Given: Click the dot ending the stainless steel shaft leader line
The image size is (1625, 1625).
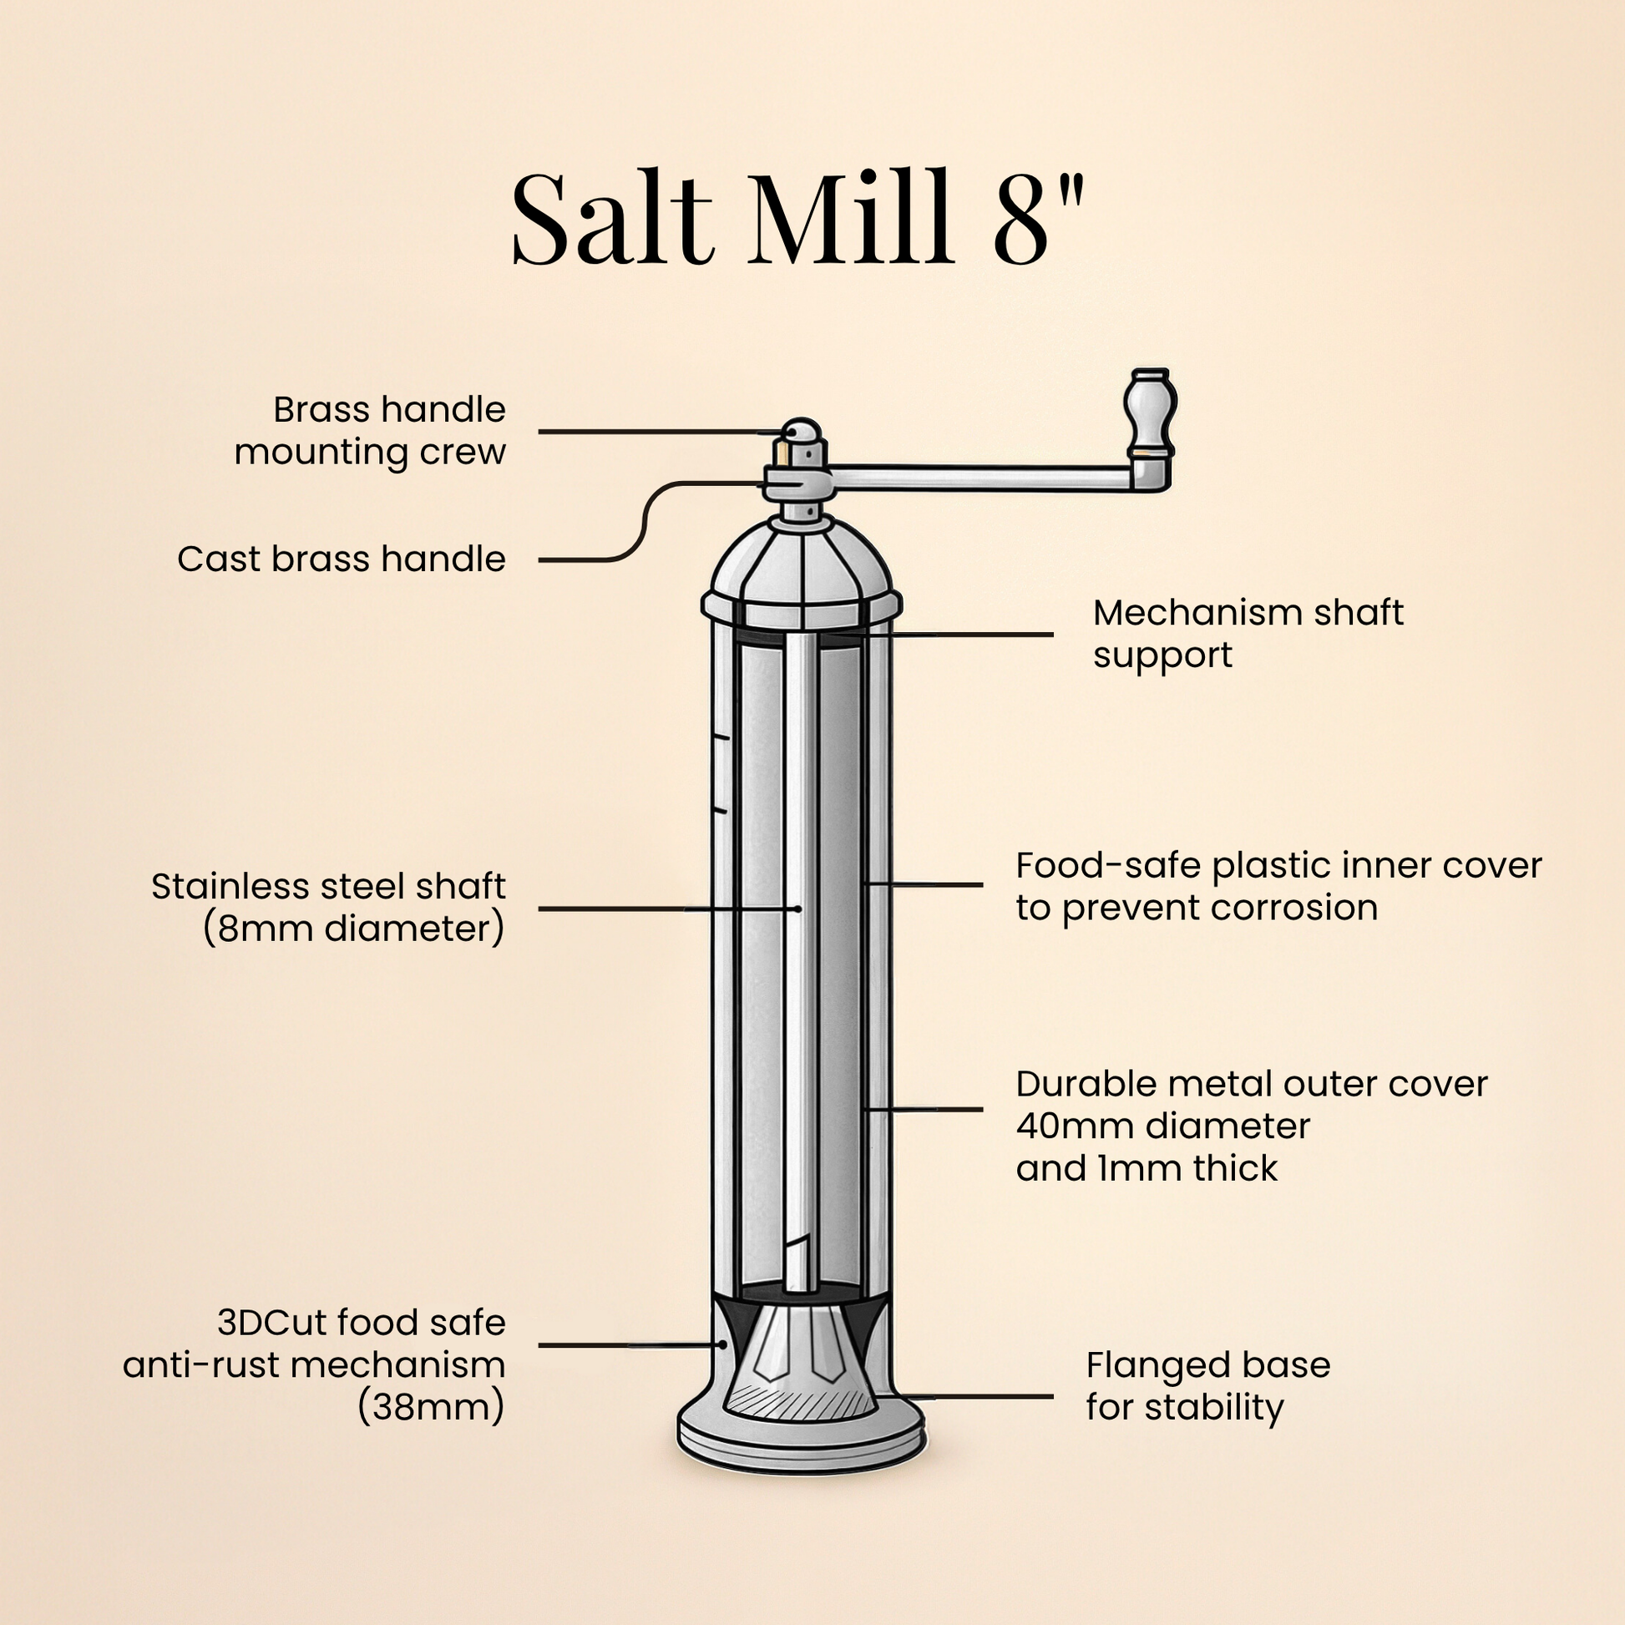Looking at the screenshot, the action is tap(797, 909).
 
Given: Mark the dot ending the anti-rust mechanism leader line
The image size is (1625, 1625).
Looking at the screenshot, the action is tap(722, 1345).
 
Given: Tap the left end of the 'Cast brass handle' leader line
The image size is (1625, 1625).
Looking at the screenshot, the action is tap(540, 559).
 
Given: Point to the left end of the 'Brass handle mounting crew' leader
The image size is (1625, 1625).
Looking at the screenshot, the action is tap(540, 432).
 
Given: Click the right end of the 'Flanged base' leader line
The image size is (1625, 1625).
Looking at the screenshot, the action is tap(1052, 1397).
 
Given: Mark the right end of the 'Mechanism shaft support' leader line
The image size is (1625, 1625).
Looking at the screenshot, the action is tap(1052, 635).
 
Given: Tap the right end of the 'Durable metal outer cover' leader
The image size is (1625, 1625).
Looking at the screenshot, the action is tap(981, 1110).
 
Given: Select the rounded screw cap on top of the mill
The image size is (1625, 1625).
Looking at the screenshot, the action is tap(802, 431).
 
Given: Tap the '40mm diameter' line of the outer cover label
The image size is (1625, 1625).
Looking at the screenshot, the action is tap(1163, 1126).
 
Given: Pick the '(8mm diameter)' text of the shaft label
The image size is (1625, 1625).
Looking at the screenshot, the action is tap(353, 929).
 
